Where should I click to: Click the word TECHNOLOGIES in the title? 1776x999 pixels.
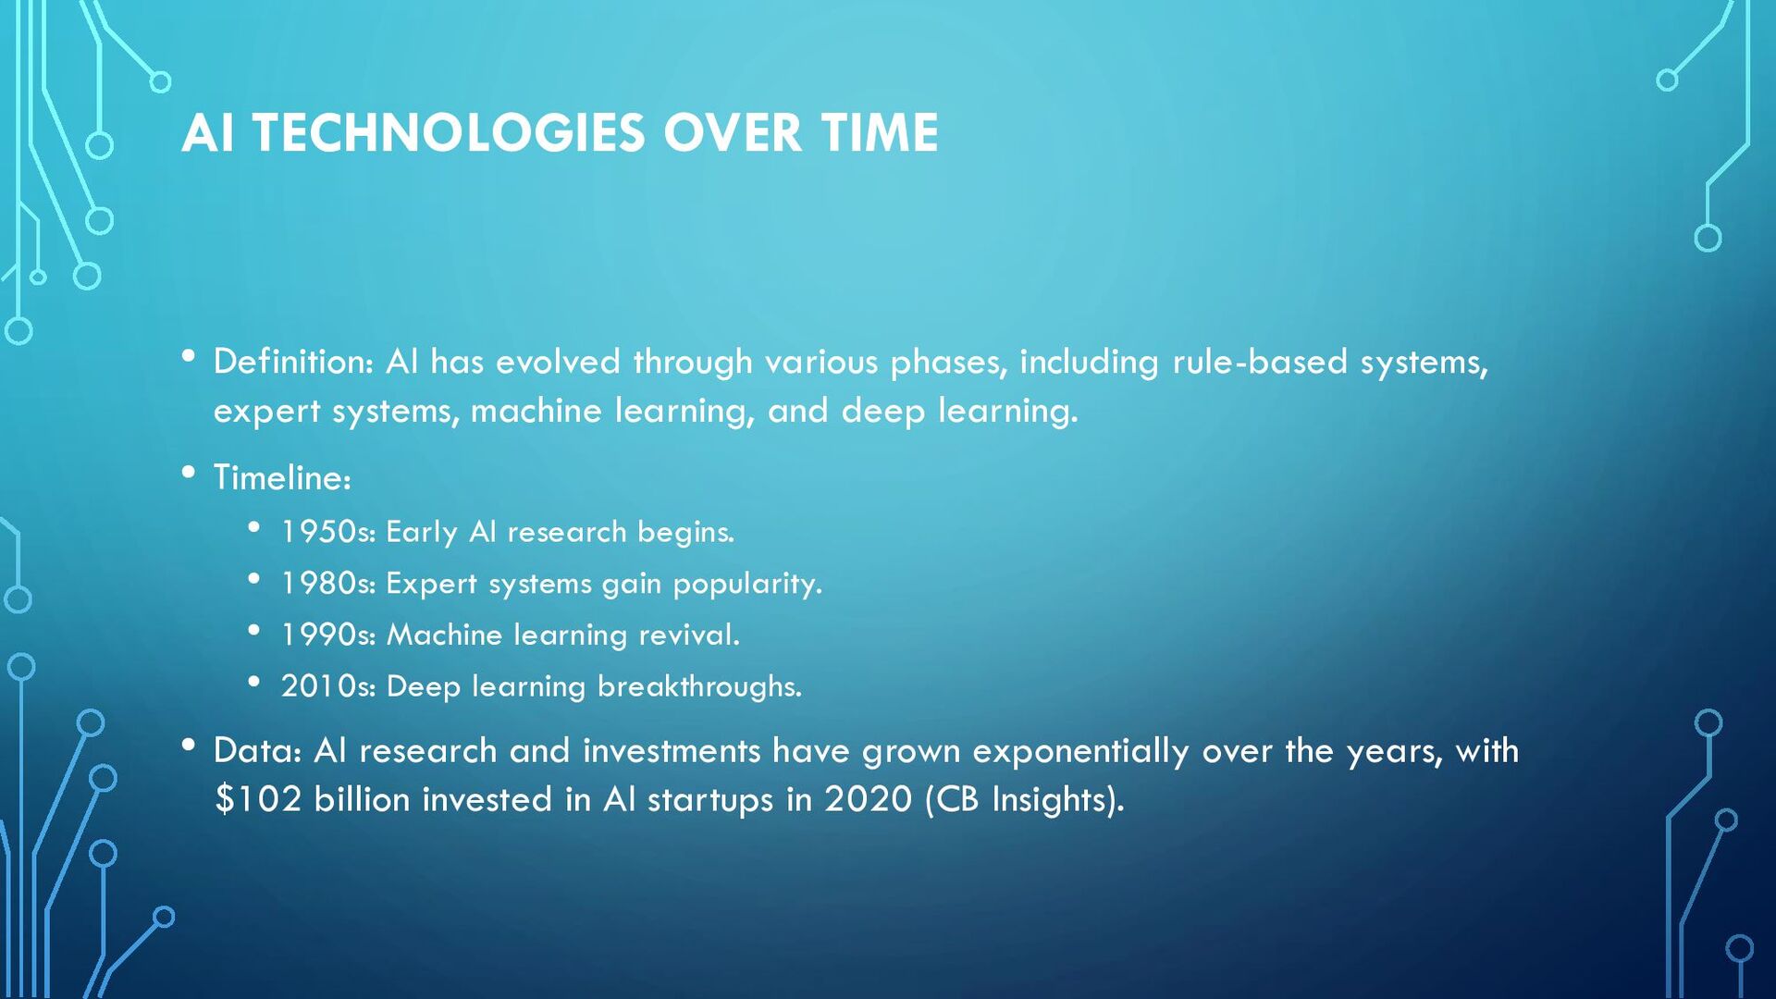449,133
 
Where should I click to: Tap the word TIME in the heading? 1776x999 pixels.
879,133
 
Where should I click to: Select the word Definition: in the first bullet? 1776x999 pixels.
293,362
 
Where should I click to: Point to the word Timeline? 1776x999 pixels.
282,478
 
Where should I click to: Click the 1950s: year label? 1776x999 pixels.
327,532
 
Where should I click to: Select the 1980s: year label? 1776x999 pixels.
327,584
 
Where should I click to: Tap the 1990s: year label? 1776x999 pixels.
327,635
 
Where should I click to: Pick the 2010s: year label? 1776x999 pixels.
327,686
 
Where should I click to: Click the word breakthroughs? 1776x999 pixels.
698,686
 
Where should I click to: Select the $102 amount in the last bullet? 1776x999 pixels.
257,799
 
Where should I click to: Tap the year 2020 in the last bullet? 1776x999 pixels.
868,799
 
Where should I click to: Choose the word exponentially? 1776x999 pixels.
1079,752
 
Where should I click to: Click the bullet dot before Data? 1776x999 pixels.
189,745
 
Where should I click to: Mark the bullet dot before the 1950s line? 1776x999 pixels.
254,527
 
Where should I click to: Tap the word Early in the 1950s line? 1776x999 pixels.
421,533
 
